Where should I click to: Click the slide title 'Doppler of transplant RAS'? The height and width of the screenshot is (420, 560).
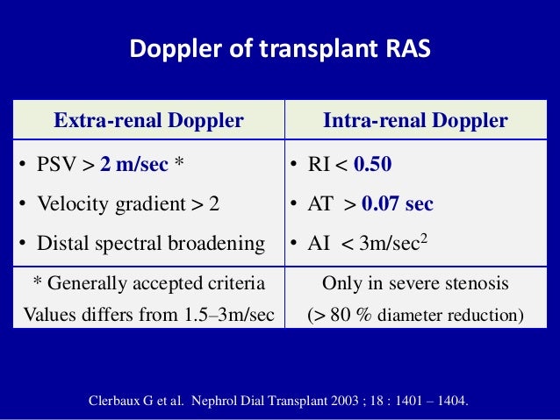(x=280, y=49)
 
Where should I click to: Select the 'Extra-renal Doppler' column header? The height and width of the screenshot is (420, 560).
(x=148, y=121)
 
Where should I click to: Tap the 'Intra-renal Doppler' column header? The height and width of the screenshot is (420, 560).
(x=415, y=121)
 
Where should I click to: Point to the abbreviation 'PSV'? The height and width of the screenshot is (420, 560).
(x=58, y=163)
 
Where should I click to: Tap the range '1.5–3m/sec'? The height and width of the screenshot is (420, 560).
(x=224, y=313)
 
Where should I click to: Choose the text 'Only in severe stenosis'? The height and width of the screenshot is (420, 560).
(x=414, y=282)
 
